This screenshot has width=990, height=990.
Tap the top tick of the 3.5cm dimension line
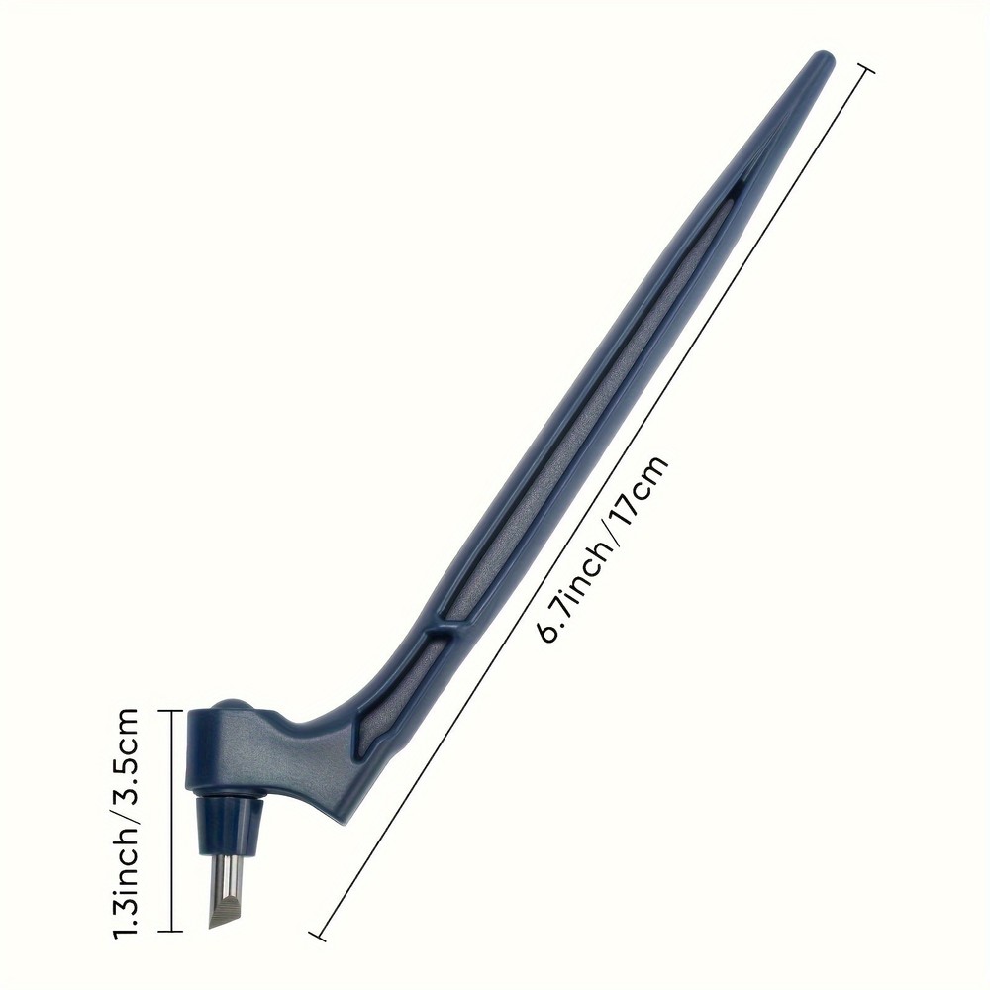[x=171, y=710]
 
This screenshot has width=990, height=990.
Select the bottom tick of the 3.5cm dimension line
[x=171, y=932]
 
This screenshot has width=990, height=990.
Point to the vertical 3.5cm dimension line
[x=171, y=822]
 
